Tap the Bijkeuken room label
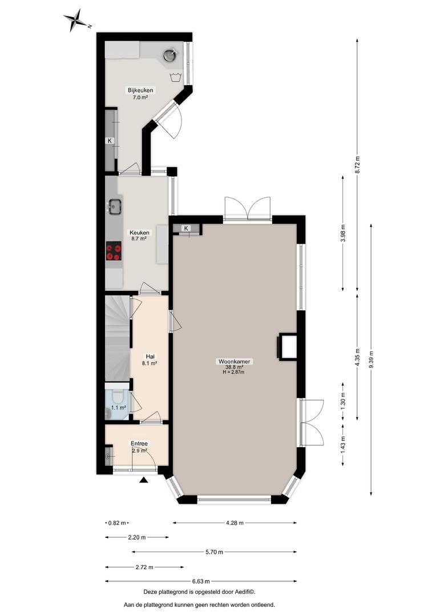point(140,90)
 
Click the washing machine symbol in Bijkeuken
point(175,77)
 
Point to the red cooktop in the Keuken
point(114,251)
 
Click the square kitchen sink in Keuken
point(114,206)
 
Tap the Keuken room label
point(140,233)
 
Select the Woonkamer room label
point(235,362)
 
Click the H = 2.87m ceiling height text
point(233,372)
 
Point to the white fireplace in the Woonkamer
point(288,346)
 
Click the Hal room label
point(150,356)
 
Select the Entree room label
point(139,444)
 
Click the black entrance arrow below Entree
point(144,480)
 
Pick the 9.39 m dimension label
point(371,359)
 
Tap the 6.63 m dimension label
point(201,581)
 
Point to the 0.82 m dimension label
point(117,523)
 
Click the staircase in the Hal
point(117,338)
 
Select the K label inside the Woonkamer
point(187,228)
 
